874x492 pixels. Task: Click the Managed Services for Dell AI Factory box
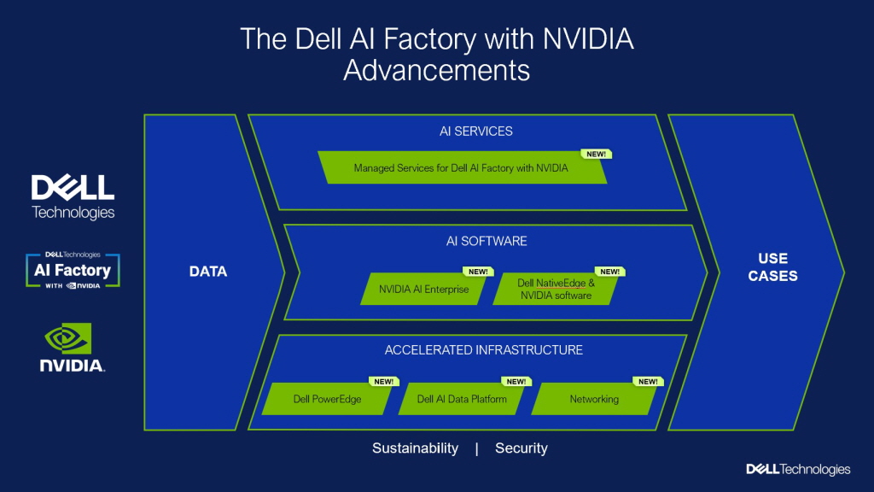[461, 168]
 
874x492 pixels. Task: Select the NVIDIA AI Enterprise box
[424, 290]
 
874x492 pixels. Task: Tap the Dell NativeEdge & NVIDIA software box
[556, 290]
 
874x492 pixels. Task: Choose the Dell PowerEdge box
[327, 399]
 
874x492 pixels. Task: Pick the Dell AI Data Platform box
[462, 399]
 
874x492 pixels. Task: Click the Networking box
[594, 399]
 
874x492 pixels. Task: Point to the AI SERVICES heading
[476, 132]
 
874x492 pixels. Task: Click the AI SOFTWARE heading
[487, 241]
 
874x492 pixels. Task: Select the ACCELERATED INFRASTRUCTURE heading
[484, 350]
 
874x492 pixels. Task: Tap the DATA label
[208, 272]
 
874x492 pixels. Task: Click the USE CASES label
[772, 266]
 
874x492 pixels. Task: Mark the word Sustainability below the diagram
[415, 448]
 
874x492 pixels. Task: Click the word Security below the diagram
[521, 448]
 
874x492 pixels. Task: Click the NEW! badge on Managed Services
[596, 155]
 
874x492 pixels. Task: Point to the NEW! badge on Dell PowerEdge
[382, 382]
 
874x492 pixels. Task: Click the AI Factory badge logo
[73, 270]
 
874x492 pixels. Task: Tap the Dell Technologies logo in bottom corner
[798, 469]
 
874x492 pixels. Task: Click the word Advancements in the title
[436, 69]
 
